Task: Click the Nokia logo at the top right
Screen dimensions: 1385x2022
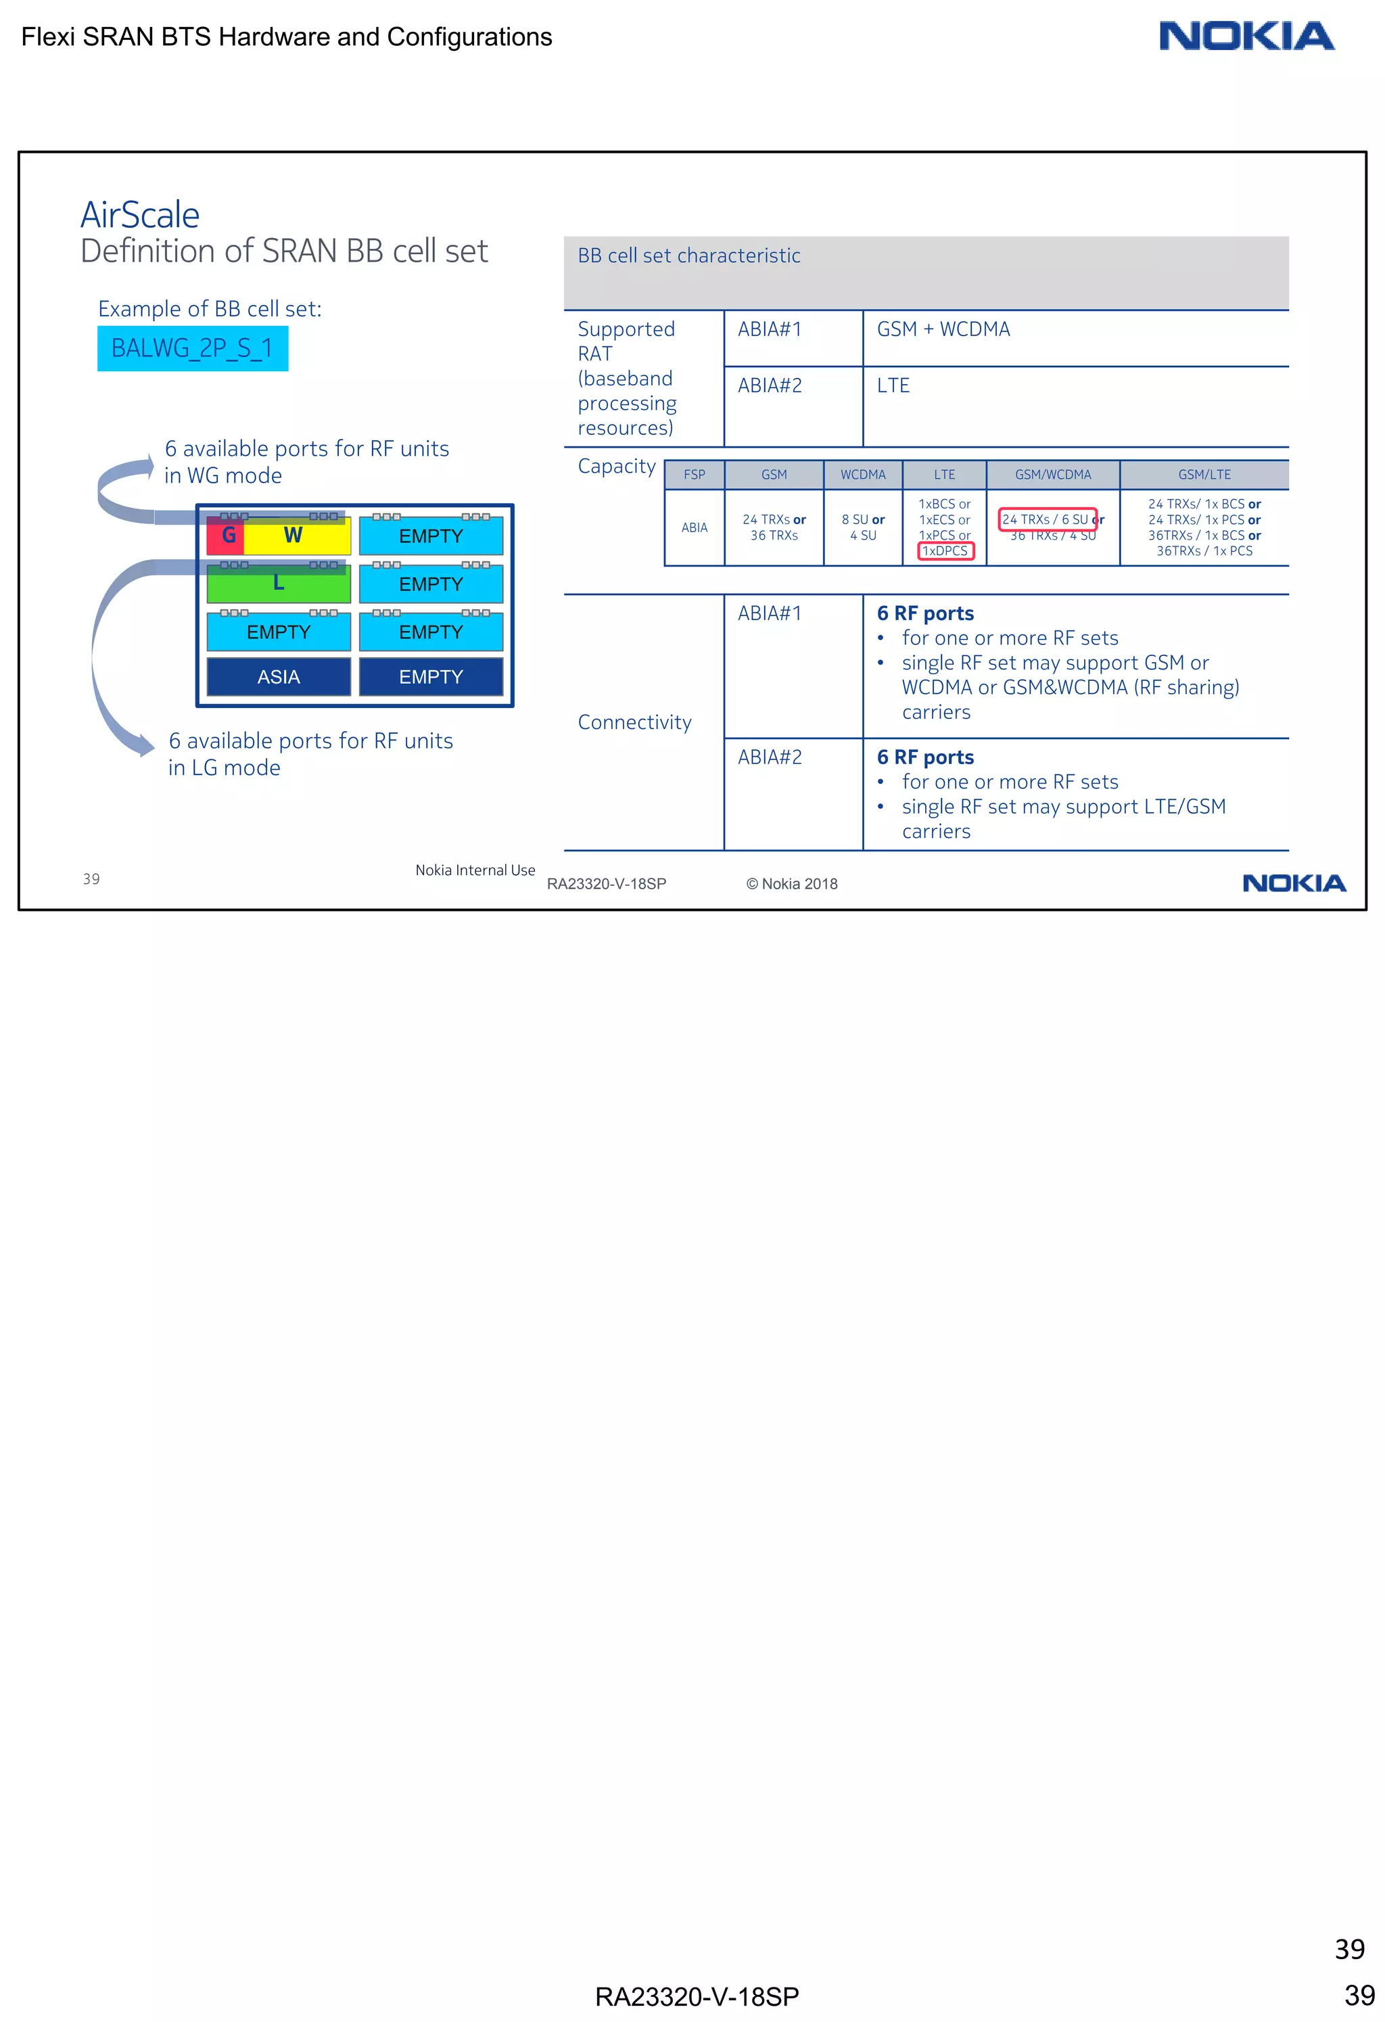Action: coord(1246,37)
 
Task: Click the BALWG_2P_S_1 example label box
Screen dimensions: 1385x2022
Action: coord(192,348)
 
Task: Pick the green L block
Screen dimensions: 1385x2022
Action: coord(279,584)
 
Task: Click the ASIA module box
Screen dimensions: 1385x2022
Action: coord(279,677)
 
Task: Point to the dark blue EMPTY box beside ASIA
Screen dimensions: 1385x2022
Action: coord(431,677)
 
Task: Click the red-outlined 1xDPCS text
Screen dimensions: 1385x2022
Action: coord(945,550)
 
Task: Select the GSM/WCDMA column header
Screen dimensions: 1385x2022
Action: coord(1053,475)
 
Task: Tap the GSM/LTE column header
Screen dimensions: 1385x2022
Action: coord(1204,475)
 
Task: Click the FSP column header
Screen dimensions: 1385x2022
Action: coord(695,475)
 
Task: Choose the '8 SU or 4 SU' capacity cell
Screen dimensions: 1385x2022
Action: coord(863,527)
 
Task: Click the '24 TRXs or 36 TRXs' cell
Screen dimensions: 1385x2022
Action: coord(774,527)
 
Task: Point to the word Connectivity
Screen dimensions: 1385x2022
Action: coord(634,722)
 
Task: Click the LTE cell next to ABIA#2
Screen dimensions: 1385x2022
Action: coord(893,385)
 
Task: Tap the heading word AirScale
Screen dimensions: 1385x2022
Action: coord(140,215)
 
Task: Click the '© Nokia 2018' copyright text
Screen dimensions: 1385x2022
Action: coord(792,884)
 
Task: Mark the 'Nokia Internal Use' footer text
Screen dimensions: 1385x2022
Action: coord(475,870)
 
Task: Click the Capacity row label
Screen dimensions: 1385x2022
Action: coord(617,467)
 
